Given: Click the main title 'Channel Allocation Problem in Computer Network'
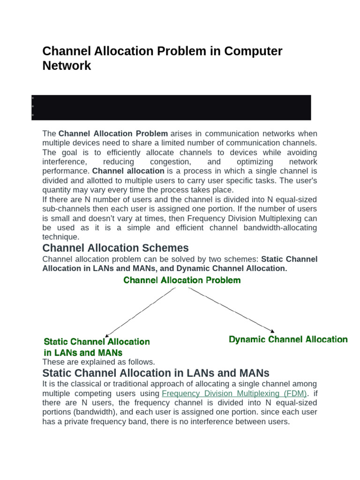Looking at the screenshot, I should coord(162,58).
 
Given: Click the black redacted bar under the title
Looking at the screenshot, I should coord(171,107).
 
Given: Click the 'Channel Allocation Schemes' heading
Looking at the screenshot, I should coord(115,248).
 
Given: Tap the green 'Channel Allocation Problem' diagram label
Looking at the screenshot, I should coord(182,280).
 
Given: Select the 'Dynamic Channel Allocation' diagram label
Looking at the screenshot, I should coord(288,339).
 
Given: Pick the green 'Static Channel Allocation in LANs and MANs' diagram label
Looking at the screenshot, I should coord(97,347).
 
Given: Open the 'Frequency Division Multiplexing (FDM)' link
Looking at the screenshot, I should coord(234,393).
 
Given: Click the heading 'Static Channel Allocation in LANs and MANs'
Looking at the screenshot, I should coord(156,373).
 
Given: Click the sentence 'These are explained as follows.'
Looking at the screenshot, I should coord(98,362).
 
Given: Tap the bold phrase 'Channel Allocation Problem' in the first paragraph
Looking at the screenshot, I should coord(113,134).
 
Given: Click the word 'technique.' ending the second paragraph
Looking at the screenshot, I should coord(61,237).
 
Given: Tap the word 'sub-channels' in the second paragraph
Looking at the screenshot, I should coord(64,209).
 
